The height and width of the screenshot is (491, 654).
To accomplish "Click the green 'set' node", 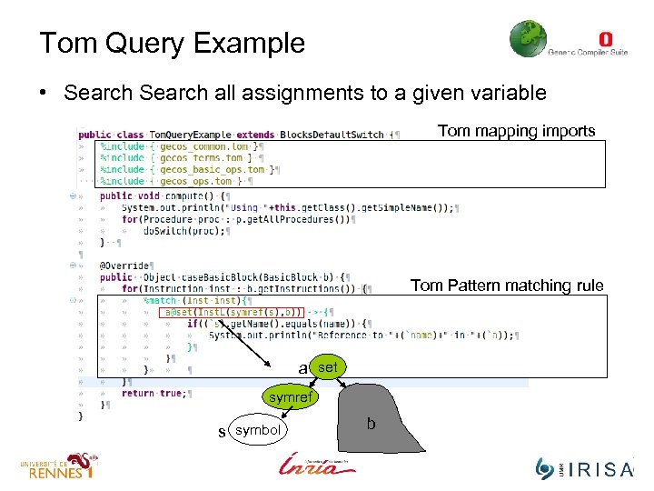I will pos(329,367).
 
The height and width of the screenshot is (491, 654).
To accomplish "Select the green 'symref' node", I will pos(290,397).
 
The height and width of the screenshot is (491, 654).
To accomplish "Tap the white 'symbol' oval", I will pos(257,429).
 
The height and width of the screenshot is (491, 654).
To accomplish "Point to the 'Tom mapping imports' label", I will pos(516,131).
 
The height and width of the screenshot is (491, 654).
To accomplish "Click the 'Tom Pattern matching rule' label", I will pos(506,286).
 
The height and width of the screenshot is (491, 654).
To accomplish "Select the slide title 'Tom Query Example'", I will pos(172,43).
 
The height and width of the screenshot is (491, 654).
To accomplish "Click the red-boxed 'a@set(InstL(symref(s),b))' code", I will pos(233,312).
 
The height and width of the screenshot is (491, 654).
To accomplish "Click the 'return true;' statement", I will pos(155,393).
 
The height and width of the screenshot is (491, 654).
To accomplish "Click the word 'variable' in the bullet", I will pos(511,92).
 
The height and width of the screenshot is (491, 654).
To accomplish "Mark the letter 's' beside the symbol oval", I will pos(222,431).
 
